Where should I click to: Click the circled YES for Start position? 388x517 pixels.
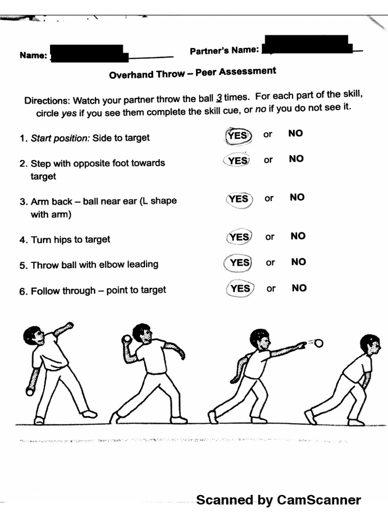(237, 135)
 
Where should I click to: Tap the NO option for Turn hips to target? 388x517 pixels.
(298, 236)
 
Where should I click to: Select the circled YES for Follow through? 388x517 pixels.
(240, 288)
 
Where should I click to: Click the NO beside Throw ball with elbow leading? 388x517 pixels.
(299, 262)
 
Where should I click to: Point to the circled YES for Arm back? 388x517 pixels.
(238, 199)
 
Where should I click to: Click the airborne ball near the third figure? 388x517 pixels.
(318, 344)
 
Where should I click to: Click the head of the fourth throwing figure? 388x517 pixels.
(370, 344)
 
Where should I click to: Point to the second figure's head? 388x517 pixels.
(142, 333)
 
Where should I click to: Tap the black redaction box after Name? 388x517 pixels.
(88, 53)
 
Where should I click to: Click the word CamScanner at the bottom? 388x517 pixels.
(319, 500)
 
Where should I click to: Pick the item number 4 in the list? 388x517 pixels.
(23, 240)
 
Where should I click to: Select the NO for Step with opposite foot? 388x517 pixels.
(297, 159)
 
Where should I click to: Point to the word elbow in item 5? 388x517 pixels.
(103, 265)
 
